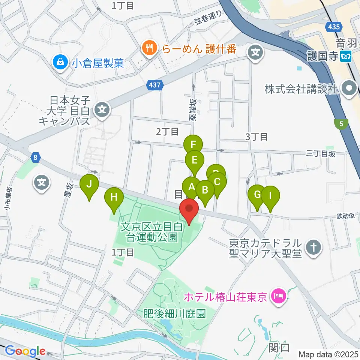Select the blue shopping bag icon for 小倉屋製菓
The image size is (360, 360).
pyautogui.click(x=60, y=61)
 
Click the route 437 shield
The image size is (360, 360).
pyautogui.click(x=155, y=85)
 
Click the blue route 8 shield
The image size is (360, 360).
pyautogui.click(x=34, y=158)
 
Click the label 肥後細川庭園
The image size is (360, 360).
pyautogui.click(x=175, y=313)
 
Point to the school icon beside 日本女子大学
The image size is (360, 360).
pyautogui.click(x=102, y=109)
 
